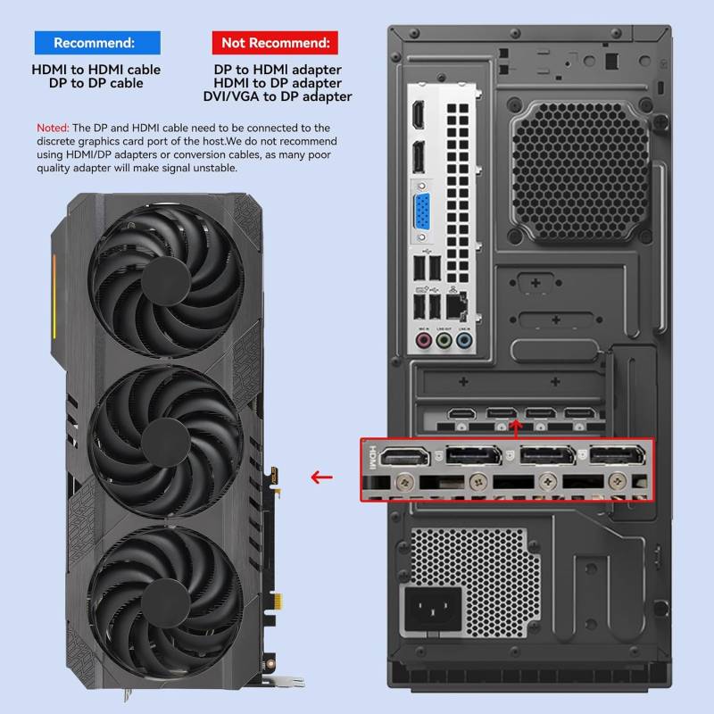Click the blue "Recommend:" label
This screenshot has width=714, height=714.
coord(97,43)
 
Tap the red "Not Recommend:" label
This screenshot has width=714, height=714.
coord(275,43)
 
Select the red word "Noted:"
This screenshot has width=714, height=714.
coord(53,128)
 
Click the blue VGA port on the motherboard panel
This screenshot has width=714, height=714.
coord(422,212)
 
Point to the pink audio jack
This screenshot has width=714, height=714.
coord(424,340)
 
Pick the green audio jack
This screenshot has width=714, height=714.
coord(444,340)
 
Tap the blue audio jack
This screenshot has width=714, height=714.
coord(464,340)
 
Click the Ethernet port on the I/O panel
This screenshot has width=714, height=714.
coord(457,305)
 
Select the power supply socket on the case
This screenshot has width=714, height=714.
coord(433,609)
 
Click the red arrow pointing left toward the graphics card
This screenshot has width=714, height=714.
coord(322,477)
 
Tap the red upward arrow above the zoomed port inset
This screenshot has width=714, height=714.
coord(516,429)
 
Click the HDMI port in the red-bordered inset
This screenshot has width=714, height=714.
coord(405,457)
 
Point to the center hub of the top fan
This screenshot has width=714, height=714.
coord(166,281)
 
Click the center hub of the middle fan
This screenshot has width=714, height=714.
coord(166,442)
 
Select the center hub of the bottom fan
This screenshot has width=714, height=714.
coord(166,603)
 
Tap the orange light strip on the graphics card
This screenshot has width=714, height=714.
coord(54,296)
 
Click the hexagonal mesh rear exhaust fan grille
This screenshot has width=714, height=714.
coord(581,171)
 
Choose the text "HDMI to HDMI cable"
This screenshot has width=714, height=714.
coord(96,70)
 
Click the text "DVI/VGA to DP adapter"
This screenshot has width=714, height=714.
coord(278,96)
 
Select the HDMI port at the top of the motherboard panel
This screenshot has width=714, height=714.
coord(418,114)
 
